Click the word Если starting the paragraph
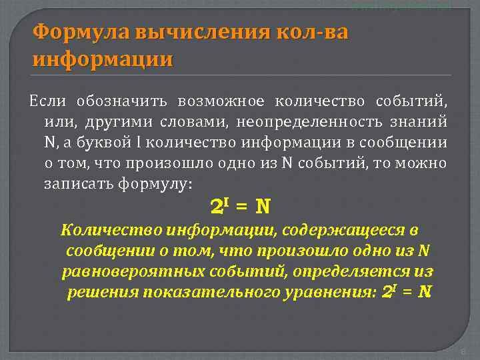click(x=46, y=101)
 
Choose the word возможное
click(x=221, y=101)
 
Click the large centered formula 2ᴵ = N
click(x=240, y=207)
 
